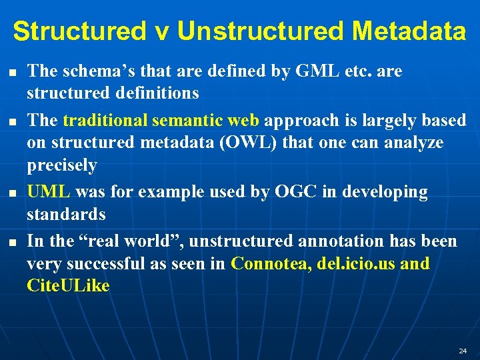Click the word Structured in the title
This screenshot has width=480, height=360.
79,31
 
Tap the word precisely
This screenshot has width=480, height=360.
62,165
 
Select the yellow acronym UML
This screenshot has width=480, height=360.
48,192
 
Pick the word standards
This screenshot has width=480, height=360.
66,214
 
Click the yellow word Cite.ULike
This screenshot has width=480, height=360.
68,286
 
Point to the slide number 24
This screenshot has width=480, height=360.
463,351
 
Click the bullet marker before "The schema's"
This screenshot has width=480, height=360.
12,71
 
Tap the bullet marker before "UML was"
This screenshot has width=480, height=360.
12,192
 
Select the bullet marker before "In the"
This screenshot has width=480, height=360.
12,241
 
